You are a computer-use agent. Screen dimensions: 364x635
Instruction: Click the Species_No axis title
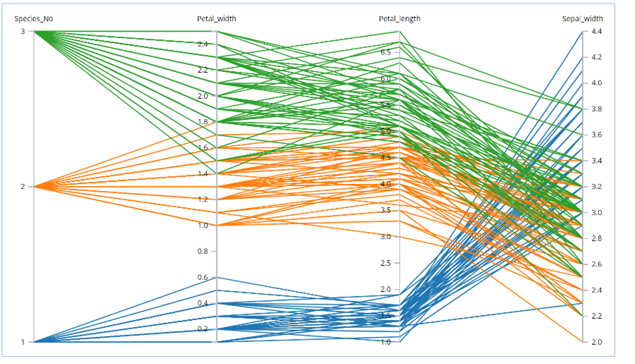33,19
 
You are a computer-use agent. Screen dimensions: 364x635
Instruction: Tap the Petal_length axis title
399,19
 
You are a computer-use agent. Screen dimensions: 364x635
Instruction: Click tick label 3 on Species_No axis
23,31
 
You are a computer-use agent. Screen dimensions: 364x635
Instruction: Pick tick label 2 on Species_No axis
23,187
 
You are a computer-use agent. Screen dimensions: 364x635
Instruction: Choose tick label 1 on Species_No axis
23,342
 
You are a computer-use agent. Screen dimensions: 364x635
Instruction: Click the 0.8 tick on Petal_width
203,251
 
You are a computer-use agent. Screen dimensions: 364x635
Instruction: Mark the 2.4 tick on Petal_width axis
203,44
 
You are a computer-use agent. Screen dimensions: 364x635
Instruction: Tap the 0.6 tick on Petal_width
203,277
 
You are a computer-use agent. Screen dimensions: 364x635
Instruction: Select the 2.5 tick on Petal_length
386,263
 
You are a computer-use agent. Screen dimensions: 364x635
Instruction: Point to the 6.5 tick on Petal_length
386,52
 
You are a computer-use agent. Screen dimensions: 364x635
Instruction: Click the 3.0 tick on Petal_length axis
386,237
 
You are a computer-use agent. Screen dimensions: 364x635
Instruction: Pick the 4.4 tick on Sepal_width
596,31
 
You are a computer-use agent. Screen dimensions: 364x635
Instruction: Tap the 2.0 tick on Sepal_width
596,342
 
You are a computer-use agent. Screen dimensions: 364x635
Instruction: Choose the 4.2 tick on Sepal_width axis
596,57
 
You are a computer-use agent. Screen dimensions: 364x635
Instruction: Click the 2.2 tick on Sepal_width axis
596,316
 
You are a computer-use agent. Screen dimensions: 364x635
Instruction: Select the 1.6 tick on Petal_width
203,148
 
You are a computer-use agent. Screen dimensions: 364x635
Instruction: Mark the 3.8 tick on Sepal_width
596,109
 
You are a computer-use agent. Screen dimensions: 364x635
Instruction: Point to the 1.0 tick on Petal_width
203,225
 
